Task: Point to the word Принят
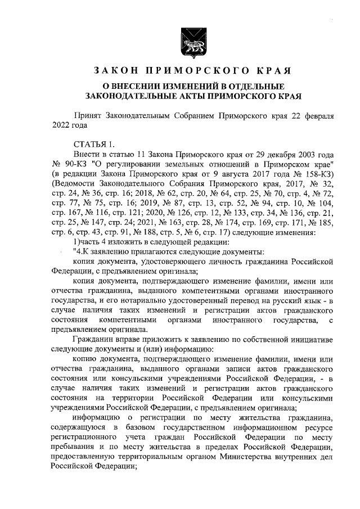coord(87,115)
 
